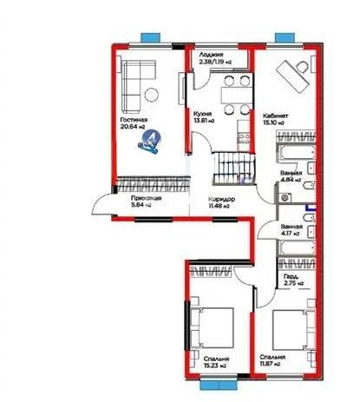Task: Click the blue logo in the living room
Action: [150, 142]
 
